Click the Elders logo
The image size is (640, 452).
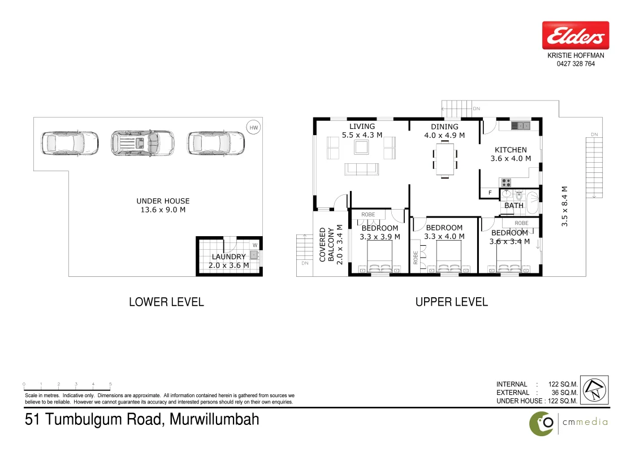pyautogui.click(x=576, y=36)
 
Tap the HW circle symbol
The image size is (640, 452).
pyautogui.click(x=254, y=128)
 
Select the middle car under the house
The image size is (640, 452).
pyautogui.click(x=142, y=143)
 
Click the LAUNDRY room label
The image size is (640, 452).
pyautogui.click(x=229, y=257)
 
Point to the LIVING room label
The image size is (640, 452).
pyautogui.click(x=362, y=127)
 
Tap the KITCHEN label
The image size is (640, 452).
pyautogui.click(x=511, y=150)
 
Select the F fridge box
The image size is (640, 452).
pyautogui.click(x=490, y=193)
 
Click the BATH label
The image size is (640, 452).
pyautogui.click(x=514, y=206)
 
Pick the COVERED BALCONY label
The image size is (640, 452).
pyautogui.click(x=327, y=244)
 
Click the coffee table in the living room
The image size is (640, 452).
pyautogui.click(x=362, y=147)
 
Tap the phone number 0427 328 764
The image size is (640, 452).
pyautogui.click(x=576, y=64)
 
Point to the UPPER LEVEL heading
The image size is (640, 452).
pyautogui.click(x=451, y=302)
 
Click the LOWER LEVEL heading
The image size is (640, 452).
pyautogui.click(x=166, y=302)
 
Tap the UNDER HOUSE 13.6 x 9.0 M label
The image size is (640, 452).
pyautogui.click(x=163, y=205)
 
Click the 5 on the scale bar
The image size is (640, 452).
pyautogui.click(x=110, y=384)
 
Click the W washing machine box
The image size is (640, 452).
pyautogui.click(x=254, y=245)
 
